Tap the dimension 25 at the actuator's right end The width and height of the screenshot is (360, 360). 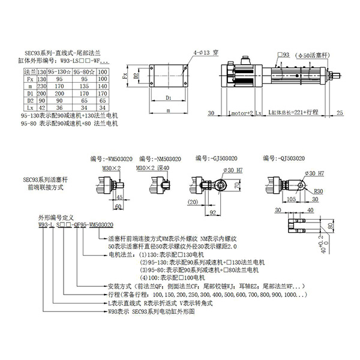340,112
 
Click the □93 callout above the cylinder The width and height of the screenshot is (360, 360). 283,55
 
